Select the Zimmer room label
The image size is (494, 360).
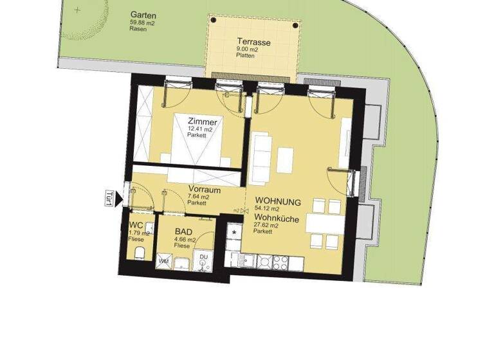(x=202, y=121)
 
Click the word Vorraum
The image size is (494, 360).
(x=205, y=190)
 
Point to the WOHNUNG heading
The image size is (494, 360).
(x=277, y=201)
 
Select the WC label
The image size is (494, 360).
(x=136, y=225)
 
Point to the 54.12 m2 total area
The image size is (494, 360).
(x=267, y=209)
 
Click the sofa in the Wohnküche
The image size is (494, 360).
(x=261, y=157)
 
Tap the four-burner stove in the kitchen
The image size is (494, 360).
(x=281, y=262)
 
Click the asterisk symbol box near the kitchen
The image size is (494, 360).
(x=234, y=231)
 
